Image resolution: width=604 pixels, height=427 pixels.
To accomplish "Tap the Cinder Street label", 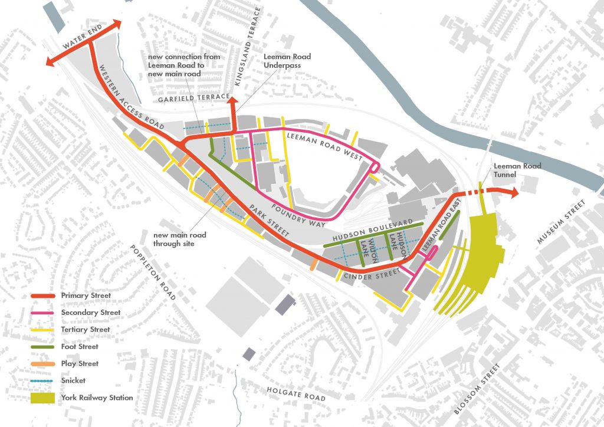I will (x=368, y=274).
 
